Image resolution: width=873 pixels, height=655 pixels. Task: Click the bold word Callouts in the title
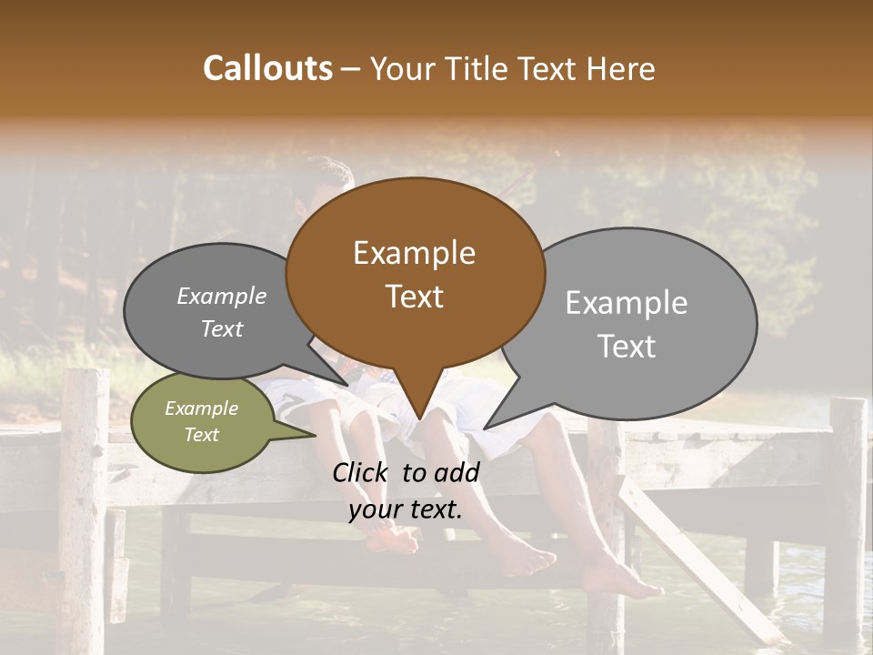[x=267, y=68]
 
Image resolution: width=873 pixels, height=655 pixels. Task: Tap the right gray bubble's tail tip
[x=485, y=428]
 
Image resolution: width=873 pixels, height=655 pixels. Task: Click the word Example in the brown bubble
[x=414, y=253]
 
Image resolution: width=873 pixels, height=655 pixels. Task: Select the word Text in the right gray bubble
[x=627, y=347]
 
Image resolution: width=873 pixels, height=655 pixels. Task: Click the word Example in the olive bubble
[x=201, y=408]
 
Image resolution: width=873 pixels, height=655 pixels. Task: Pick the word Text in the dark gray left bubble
[x=222, y=329]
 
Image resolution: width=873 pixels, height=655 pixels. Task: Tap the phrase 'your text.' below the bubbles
[x=406, y=510]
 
